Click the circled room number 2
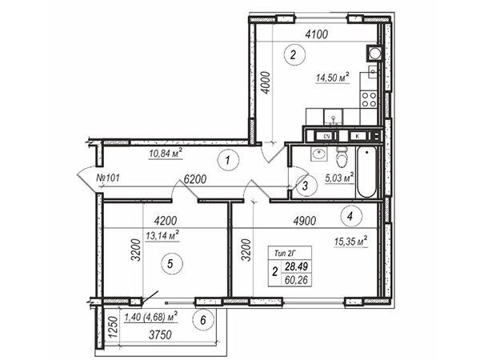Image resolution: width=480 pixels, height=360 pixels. pyautogui.click(x=294, y=55)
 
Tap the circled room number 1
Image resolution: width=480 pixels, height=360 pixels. pyautogui.click(x=228, y=160)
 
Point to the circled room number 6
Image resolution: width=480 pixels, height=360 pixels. pyautogui.click(x=203, y=321)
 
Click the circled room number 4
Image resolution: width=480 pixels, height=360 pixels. pyautogui.click(x=351, y=217)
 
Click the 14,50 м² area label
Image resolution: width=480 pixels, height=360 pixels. pyautogui.click(x=333, y=77)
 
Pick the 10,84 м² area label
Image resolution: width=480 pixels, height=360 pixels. pyautogui.click(x=166, y=153)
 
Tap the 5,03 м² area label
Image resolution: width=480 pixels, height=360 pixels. pyautogui.click(x=339, y=178)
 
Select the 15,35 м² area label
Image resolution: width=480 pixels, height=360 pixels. pyautogui.click(x=350, y=242)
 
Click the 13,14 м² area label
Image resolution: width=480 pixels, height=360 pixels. pyautogui.click(x=162, y=236)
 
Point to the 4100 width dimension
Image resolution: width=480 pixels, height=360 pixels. pyautogui.click(x=317, y=34)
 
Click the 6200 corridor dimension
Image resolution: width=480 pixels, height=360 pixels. pyautogui.click(x=195, y=179)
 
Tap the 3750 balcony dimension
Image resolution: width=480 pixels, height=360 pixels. pyautogui.click(x=160, y=335)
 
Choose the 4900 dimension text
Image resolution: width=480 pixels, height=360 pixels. pyautogui.click(x=304, y=221)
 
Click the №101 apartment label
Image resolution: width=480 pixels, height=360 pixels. pyautogui.click(x=108, y=178)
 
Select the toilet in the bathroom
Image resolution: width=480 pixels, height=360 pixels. pyautogui.click(x=342, y=157)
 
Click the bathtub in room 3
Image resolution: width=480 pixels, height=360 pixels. pyautogui.click(x=366, y=172)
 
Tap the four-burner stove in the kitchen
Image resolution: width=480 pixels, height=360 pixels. pyautogui.click(x=369, y=100)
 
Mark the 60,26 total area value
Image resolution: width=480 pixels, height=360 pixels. pyautogui.click(x=296, y=280)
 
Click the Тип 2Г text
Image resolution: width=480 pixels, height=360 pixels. pyautogui.click(x=284, y=254)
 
